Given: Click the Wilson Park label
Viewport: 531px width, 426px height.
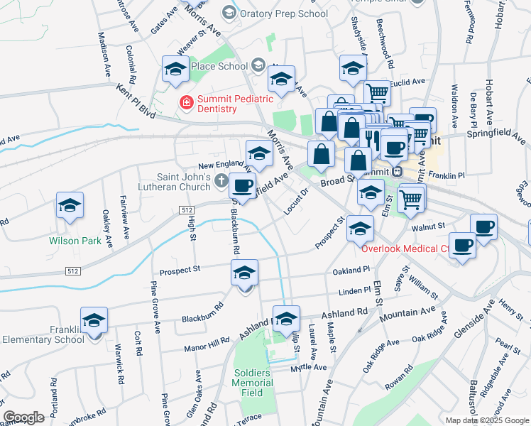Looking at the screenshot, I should pyautogui.click(x=75, y=241).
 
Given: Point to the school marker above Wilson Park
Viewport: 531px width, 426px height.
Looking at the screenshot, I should pyautogui.click(x=70, y=207).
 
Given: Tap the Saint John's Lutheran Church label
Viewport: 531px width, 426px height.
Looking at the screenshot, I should pyautogui.click(x=184, y=182).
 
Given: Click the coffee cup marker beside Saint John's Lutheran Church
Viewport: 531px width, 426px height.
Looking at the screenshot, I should pyautogui.click(x=243, y=187).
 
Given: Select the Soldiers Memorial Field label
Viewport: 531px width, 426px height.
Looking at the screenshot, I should pyautogui.click(x=252, y=383).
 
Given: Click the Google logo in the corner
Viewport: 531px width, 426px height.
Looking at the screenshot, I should pyautogui.click(x=23, y=417).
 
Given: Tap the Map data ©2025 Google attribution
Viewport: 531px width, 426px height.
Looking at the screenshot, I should pyautogui.click(x=487, y=420).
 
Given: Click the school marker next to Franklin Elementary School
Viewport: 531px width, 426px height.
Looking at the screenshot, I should pyautogui.click(x=94, y=322).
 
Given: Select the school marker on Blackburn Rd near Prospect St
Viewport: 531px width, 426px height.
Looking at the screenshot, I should pyautogui.click(x=244, y=274).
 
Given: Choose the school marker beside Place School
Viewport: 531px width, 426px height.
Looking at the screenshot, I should pyautogui.click(x=175, y=70).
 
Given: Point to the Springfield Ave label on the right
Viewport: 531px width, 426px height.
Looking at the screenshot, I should pyautogui.click(x=493, y=132).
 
